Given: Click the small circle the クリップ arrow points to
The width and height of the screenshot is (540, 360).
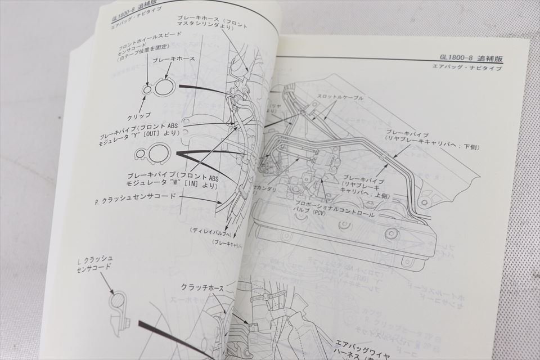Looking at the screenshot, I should click(147, 89).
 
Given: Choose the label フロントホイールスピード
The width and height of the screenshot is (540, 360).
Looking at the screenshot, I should click(150, 42).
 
